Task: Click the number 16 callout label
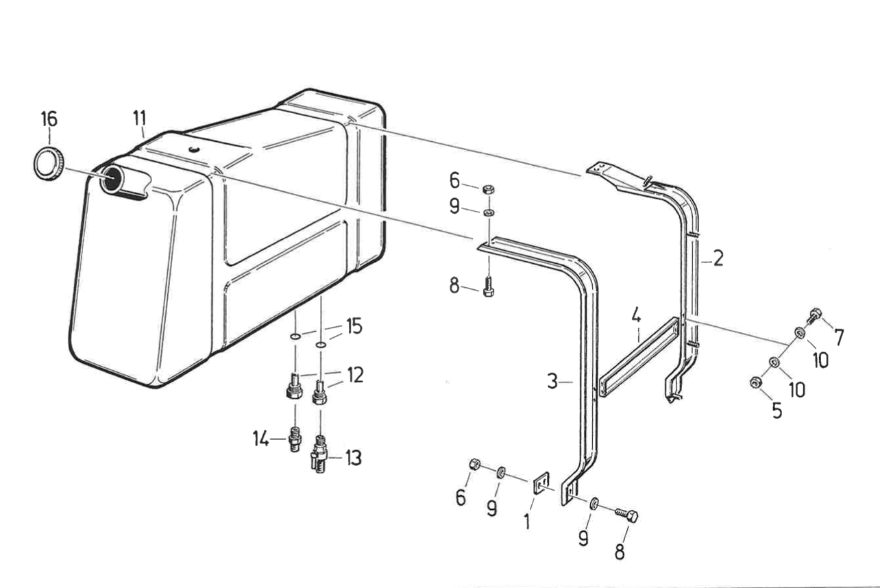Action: (x=49, y=119)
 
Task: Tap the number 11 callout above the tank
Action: (x=140, y=117)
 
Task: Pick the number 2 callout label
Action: (x=718, y=258)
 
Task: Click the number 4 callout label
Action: (x=636, y=317)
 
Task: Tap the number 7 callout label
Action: (x=839, y=337)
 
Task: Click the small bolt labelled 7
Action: (x=814, y=315)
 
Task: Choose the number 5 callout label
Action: (x=777, y=410)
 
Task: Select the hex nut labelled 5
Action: (x=755, y=382)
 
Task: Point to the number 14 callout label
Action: (x=260, y=438)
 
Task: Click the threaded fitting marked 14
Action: (x=294, y=437)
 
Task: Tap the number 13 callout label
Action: (x=352, y=458)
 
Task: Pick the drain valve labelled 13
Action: (x=319, y=454)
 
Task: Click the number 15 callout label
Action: (x=353, y=326)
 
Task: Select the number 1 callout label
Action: (x=526, y=522)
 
